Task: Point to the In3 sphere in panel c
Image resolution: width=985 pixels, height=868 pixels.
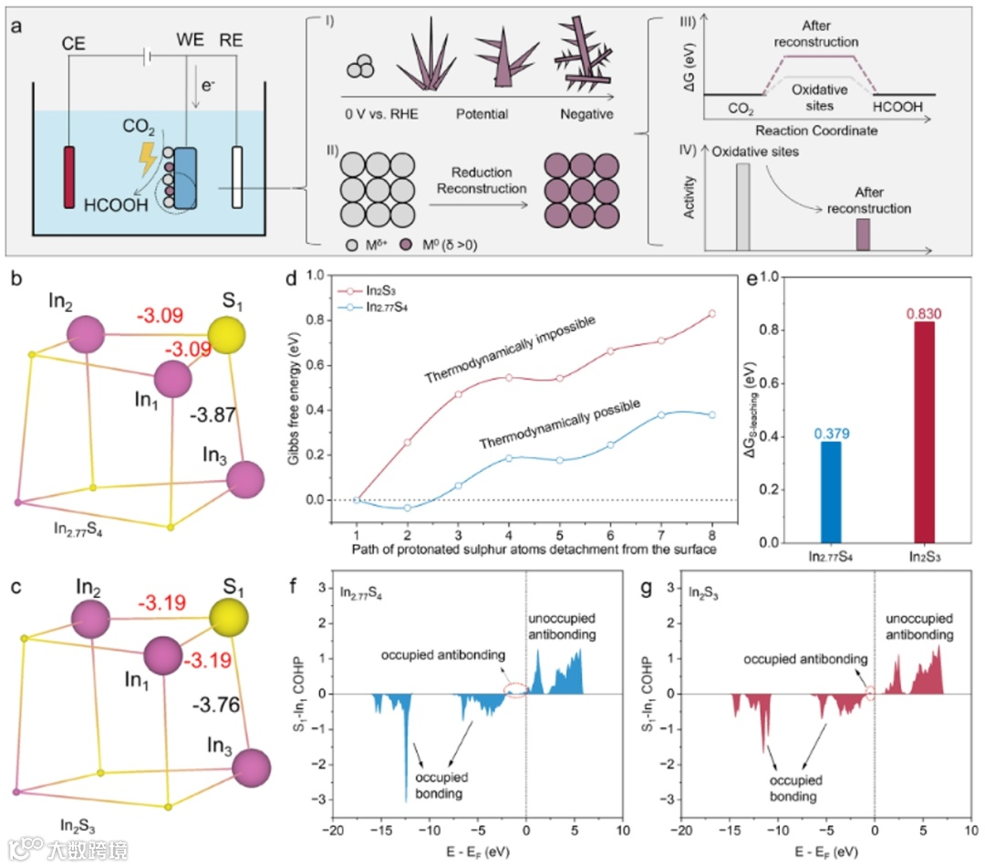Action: click(252, 764)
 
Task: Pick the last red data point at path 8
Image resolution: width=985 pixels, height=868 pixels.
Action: click(711, 314)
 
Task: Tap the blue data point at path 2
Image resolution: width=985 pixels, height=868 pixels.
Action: click(408, 507)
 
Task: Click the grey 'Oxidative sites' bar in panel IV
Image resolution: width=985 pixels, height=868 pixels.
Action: click(742, 205)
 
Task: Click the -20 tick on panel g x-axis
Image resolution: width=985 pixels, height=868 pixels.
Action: click(680, 832)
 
